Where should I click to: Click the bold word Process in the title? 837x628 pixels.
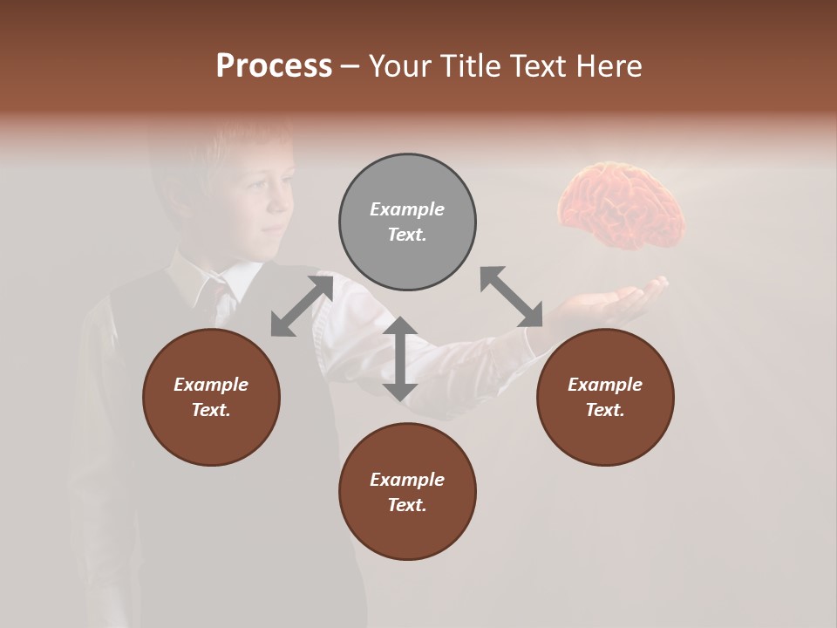point(274,66)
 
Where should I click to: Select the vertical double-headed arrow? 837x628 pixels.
point(400,358)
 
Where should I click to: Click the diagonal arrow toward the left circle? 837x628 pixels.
point(302,305)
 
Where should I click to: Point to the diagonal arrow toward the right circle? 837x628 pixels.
point(512,297)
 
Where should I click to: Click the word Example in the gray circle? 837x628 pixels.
point(407,209)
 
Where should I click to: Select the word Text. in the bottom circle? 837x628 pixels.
point(407,505)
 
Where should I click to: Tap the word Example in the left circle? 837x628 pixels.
point(211,385)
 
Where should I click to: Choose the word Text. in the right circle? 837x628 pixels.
point(605,410)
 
